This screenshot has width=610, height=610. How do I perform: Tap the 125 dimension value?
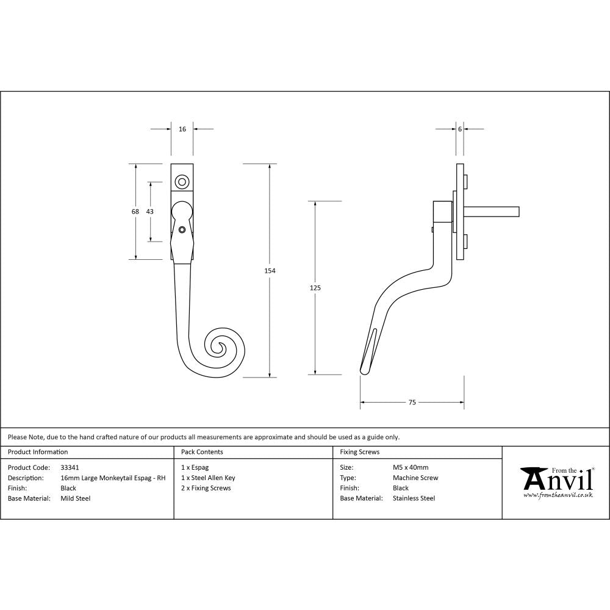point(316,287)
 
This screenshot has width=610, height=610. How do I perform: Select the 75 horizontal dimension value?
point(412,403)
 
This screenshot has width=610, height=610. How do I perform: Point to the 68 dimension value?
point(135,211)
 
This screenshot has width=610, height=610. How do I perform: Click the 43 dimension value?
point(150,211)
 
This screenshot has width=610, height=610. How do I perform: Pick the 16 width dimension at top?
point(182,129)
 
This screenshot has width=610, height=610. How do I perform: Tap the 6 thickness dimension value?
point(459,129)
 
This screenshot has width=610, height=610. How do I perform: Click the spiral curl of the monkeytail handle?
point(219,347)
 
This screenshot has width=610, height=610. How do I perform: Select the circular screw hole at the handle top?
point(181,182)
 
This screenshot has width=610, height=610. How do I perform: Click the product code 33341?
point(70,468)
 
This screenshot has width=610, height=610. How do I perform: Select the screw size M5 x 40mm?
point(411,468)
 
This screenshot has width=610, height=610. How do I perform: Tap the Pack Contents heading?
point(202,452)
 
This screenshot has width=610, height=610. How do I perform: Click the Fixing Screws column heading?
point(359,452)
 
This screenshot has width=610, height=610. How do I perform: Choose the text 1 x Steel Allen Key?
point(208,478)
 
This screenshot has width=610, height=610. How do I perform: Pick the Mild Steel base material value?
point(76,498)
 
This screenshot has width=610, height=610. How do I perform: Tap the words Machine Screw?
point(415,478)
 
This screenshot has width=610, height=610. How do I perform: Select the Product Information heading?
point(38,452)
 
